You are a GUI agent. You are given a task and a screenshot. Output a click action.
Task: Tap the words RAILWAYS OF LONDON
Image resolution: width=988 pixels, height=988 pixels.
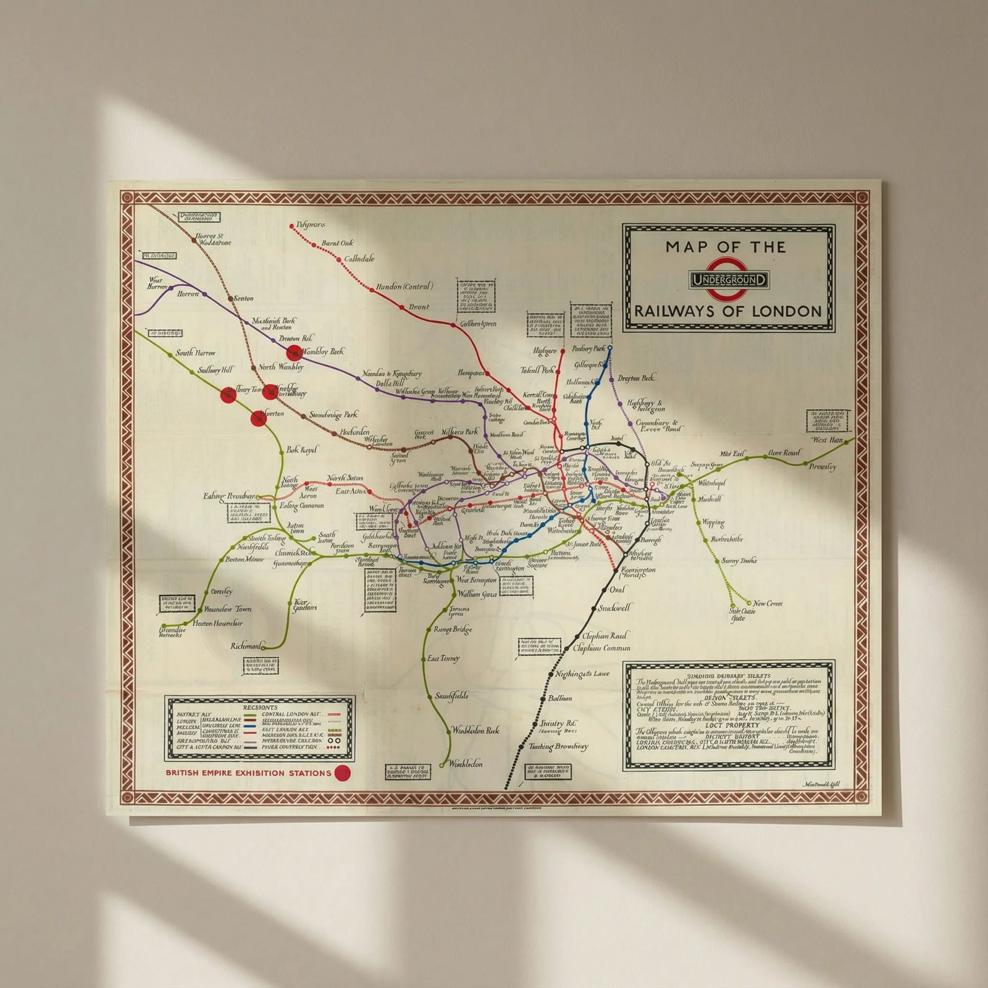(729, 311)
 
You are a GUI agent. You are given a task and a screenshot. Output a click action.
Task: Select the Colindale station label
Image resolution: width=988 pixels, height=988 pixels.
(359, 259)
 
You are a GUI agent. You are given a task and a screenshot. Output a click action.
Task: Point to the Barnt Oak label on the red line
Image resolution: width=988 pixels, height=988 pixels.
(337, 243)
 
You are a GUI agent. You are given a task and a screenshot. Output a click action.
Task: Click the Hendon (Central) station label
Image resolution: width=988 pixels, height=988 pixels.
(404, 287)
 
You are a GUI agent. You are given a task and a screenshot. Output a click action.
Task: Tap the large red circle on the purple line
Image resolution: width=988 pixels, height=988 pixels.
(295, 353)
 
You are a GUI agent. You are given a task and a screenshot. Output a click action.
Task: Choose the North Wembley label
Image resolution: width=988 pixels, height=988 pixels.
(281, 367)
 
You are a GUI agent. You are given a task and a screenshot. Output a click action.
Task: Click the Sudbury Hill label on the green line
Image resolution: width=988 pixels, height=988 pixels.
(216, 371)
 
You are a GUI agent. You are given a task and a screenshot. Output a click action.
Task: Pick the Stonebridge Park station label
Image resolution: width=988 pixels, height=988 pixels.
(333, 415)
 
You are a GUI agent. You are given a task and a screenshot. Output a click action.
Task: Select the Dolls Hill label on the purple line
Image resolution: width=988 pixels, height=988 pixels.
(390, 383)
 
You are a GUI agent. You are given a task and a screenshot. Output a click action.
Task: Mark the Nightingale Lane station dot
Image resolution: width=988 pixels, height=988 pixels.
(550, 674)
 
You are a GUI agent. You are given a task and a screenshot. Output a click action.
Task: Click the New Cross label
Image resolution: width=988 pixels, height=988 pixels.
(768, 603)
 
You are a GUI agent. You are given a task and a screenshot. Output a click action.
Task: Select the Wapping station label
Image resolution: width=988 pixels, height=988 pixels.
(713, 522)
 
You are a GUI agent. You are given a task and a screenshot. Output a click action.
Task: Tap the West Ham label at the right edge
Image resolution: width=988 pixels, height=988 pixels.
(827, 440)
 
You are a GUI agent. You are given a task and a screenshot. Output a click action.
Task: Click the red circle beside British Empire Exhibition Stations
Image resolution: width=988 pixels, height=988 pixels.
(342, 772)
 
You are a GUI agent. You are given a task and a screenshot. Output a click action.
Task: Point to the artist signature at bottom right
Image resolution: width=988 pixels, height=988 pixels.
(821, 784)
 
